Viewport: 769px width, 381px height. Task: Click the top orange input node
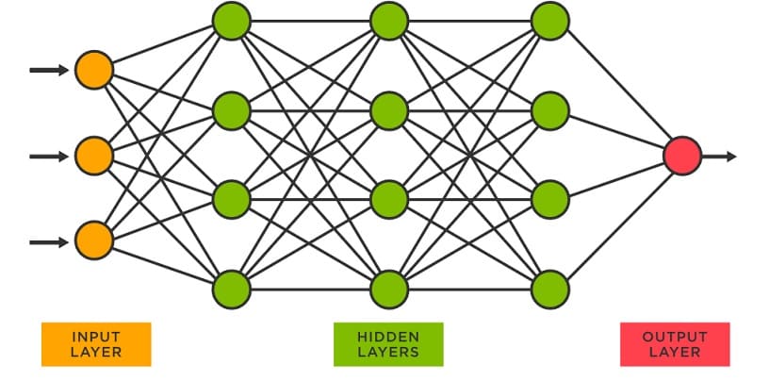pyautogui.click(x=94, y=70)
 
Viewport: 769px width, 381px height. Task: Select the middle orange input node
pyautogui.click(x=94, y=156)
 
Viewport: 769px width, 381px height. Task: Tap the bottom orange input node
pyautogui.click(x=94, y=241)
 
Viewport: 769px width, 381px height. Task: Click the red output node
pyautogui.click(x=682, y=156)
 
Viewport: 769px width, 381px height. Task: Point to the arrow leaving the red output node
pyautogui.click(x=721, y=156)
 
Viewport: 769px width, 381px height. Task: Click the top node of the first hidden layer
pyautogui.click(x=231, y=20)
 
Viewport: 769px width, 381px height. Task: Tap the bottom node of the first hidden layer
pyautogui.click(x=231, y=289)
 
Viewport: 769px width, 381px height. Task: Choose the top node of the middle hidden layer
pyautogui.click(x=389, y=20)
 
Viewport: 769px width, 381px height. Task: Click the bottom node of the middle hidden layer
pyautogui.click(x=389, y=289)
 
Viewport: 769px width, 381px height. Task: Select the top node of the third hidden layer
pyautogui.click(x=550, y=20)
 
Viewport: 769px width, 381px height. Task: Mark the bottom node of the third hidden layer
pyautogui.click(x=550, y=289)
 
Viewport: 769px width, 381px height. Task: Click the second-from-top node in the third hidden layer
pyautogui.click(x=550, y=111)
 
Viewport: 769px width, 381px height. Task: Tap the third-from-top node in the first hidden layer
pyautogui.click(x=231, y=200)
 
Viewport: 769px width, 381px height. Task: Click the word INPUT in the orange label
pyautogui.click(x=96, y=336)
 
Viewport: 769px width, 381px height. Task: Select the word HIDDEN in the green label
pyautogui.click(x=388, y=336)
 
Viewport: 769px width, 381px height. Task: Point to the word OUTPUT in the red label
pyautogui.click(x=675, y=336)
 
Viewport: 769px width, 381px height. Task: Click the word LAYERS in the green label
pyautogui.click(x=388, y=352)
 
